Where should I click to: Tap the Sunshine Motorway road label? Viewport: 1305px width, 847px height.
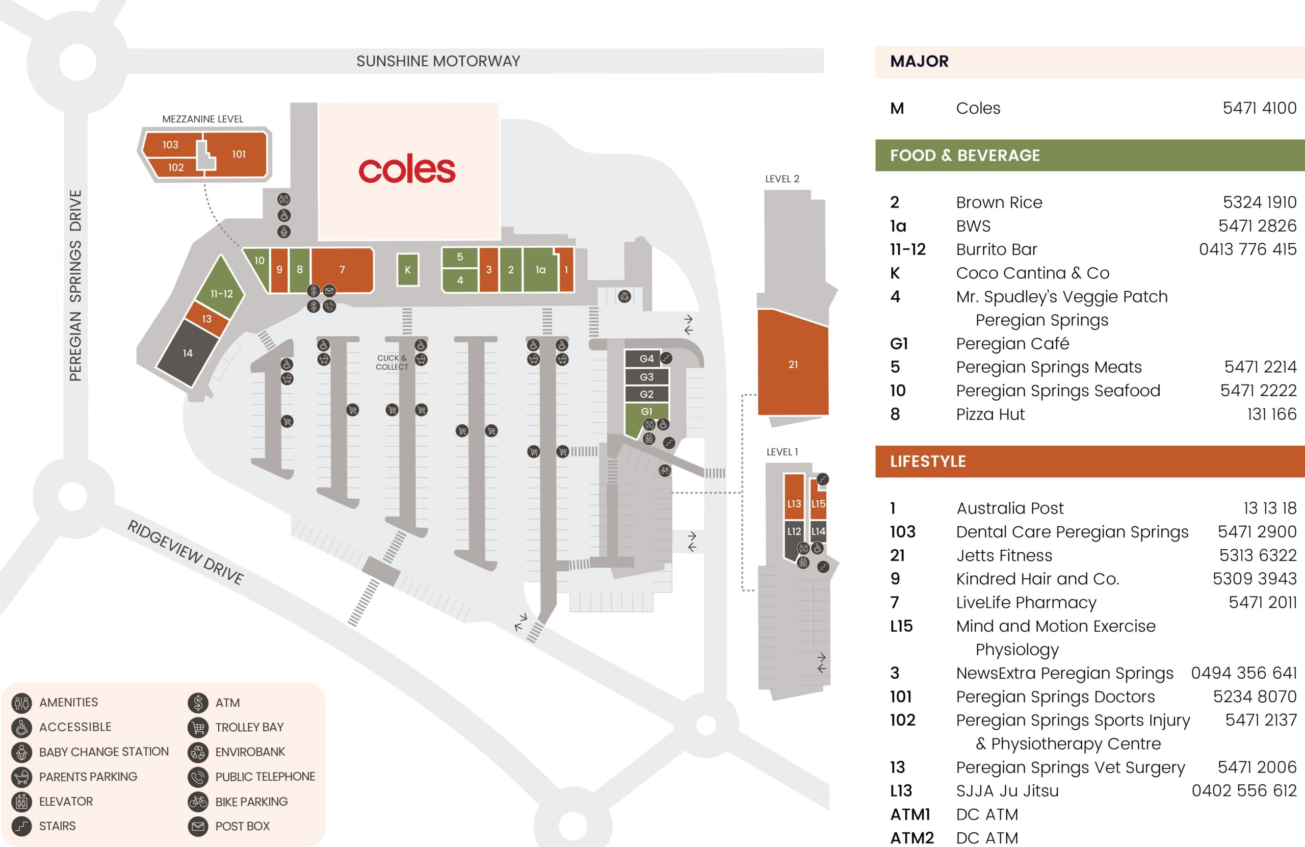click(438, 61)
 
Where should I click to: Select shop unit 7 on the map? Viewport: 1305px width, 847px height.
click(342, 269)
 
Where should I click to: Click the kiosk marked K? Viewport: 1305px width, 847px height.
click(407, 269)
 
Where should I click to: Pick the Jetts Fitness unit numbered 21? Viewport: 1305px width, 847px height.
click(793, 364)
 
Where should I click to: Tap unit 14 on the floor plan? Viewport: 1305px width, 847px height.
click(188, 353)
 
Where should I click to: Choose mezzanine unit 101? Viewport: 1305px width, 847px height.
click(239, 154)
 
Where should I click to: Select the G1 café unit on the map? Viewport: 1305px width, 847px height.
click(646, 412)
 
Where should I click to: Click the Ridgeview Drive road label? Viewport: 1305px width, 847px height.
click(186, 552)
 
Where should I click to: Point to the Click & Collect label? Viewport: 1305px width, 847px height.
click(391, 362)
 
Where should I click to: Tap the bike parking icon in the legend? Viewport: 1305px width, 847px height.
click(198, 802)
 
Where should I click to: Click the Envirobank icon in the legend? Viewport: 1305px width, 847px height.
click(198, 752)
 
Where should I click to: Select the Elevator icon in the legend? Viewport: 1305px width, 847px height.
click(22, 802)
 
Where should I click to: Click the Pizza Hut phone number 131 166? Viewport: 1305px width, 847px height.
click(1271, 414)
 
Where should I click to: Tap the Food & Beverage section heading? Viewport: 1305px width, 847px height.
click(964, 155)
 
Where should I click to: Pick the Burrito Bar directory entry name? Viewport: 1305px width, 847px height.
click(996, 249)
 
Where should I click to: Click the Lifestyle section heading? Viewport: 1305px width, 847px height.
click(928, 461)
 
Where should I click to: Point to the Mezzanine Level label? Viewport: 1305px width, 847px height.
click(202, 119)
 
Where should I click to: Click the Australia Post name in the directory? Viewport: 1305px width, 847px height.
click(1009, 508)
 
